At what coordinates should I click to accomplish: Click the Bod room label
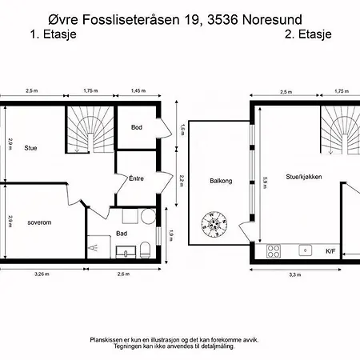tap(137, 127)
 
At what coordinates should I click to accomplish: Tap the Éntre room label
tap(136, 178)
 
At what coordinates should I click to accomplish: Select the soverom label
tap(39, 222)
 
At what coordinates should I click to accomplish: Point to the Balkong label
tap(221, 181)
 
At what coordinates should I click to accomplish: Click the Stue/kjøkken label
tap(304, 177)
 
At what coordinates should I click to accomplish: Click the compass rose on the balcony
tap(214, 224)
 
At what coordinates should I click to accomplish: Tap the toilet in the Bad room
tap(146, 250)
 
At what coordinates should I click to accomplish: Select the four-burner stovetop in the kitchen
tap(274, 251)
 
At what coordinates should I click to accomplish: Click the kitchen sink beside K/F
tap(306, 250)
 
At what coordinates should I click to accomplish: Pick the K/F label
tap(330, 251)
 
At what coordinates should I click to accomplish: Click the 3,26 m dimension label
tap(42, 274)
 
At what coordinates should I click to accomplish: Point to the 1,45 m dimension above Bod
tap(138, 90)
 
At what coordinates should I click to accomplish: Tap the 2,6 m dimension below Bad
tap(123, 274)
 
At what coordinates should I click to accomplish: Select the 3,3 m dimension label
tap(295, 275)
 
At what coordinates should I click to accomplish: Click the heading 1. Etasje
tap(54, 34)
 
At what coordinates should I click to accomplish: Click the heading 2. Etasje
tap(308, 34)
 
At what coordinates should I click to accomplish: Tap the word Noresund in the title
tap(272, 20)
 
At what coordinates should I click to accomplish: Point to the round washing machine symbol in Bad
tap(148, 216)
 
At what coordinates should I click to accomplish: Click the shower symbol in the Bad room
tap(94, 248)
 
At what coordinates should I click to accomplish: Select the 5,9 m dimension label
tap(265, 183)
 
